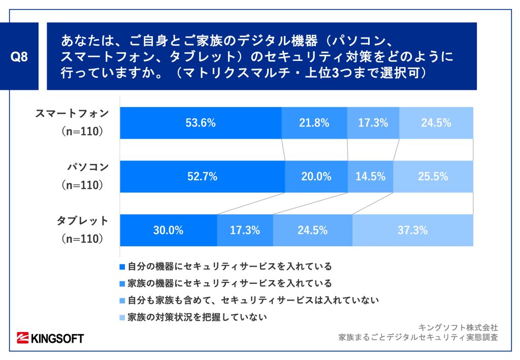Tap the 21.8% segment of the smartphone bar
pyautogui.click(x=314, y=122)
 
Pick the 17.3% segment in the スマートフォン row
pyautogui.click(x=373, y=122)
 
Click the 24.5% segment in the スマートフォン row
pyautogui.click(x=436, y=122)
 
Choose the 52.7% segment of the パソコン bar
pyautogui.click(x=202, y=177)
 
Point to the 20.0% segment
pyautogui.click(x=316, y=177)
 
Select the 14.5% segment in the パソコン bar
pyautogui.click(x=370, y=177)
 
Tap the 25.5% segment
pyautogui.click(x=433, y=177)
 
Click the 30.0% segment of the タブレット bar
pyautogui.click(x=168, y=230)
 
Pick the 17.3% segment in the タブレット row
pyautogui.click(x=245, y=230)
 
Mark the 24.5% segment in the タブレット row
pyautogui.click(x=312, y=230)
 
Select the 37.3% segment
pyautogui.click(x=412, y=230)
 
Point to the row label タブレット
pyautogui.click(x=82, y=221)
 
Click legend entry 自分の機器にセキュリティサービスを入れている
pyautogui.click(x=230, y=266)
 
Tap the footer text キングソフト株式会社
pyautogui.click(x=459, y=327)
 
